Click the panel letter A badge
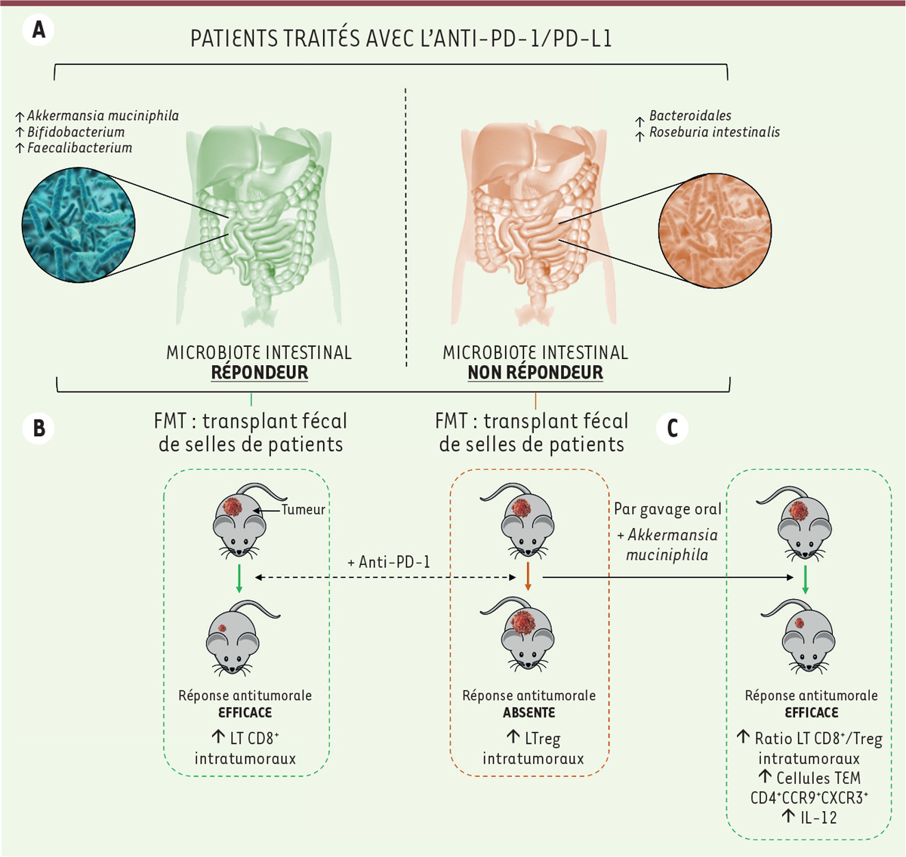point(39,30)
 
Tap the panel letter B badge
point(39,428)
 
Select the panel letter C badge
point(672,428)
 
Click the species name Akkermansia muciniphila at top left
point(103,116)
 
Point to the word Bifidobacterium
point(76,132)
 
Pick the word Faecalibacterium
point(79,148)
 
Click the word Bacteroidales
point(690,115)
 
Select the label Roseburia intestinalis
point(714,132)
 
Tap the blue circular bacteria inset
point(79,225)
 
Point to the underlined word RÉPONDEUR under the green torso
point(259,373)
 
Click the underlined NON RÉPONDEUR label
point(535,373)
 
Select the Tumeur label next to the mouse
point(303,509)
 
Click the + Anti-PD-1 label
point(389,562)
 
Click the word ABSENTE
point(528,712)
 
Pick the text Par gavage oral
point(667,509)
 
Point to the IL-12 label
point(818,817)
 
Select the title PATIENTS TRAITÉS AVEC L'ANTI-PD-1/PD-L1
point(401,38)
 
